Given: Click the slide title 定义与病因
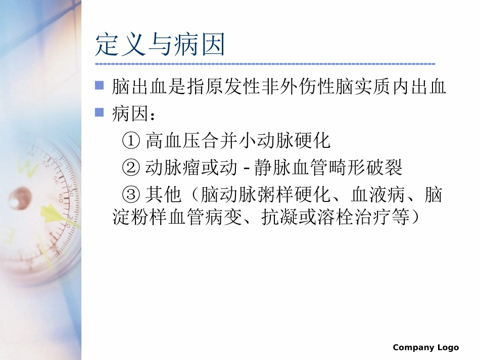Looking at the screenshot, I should click(x=160, y=45).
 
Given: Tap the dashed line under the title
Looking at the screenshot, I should click(x=265, y=64).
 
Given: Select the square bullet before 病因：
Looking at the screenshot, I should click(x=100, y=112).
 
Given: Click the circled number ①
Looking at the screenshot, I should click(x=130, y=140).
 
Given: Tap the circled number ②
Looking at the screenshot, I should click(x=130, y=168).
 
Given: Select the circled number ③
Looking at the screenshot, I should click(x=130, y=195).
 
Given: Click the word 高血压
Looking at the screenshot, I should click(x=173, y=140).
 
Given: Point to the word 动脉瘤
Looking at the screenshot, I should click(x=173, y=168).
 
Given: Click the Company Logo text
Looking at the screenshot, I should click(x=425, y=347).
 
